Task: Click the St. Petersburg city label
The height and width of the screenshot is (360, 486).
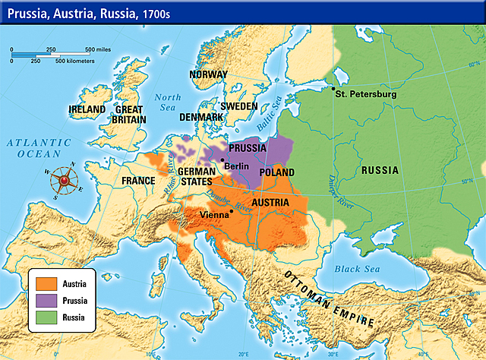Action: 368,94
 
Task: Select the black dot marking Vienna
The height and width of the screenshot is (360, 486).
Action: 231,211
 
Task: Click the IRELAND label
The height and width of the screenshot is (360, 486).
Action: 86,109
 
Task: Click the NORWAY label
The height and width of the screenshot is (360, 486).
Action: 209,74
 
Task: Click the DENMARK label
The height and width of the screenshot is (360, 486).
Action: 200,118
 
